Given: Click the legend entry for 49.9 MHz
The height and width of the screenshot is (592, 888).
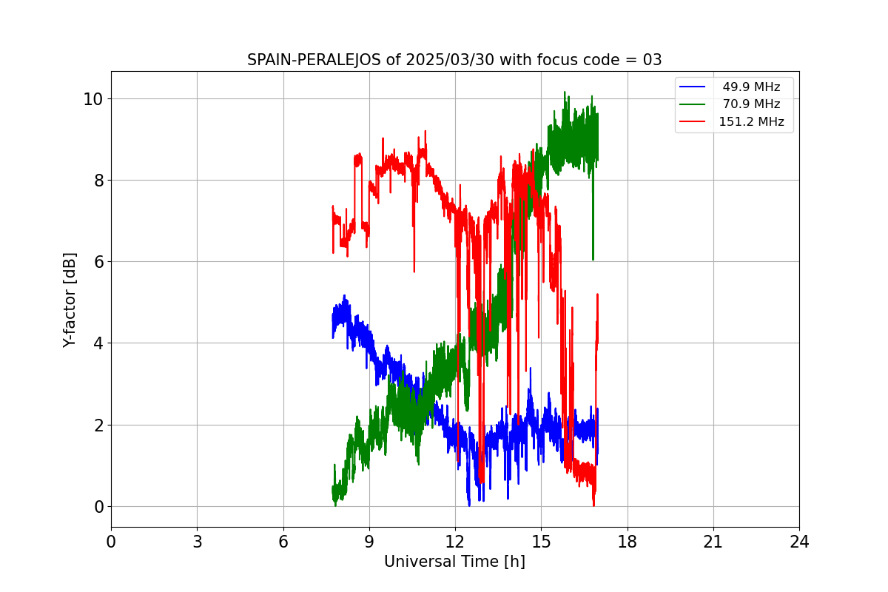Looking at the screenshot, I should click(x=751, y=87).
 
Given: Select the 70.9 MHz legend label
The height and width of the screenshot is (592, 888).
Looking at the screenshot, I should click(x=751, y=104).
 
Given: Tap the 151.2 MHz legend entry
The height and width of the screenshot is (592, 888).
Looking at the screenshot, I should click(x=751, y=122).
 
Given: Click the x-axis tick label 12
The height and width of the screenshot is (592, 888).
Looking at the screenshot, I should click(x=455, y=542).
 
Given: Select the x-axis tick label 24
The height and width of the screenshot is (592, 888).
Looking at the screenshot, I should click(x=799, y=542).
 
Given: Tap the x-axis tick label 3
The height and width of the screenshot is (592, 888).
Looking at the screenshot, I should click(x=197, y=542).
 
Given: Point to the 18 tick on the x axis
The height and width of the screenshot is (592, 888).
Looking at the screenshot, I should click(x=628, y=542).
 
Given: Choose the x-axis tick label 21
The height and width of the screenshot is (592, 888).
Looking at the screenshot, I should click(x=713, y=542).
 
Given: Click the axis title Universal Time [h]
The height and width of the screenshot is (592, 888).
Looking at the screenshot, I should click(x=454, y=562).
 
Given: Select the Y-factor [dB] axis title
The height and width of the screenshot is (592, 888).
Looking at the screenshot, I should click(x=70, y=300).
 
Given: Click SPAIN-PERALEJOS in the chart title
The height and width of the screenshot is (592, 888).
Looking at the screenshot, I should click(x=314, y=60).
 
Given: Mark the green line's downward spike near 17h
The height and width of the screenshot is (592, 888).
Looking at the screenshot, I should click(x=593, y=258).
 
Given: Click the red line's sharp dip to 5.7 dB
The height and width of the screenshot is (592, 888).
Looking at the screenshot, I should click(x=414, y=270).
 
